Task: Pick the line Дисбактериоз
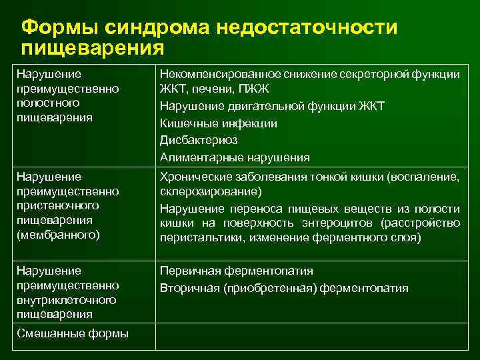point(199,140)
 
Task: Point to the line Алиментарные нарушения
point(235,157)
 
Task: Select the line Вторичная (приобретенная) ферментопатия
point(284,288)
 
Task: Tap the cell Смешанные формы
point(73,333)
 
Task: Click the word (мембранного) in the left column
point(57,234)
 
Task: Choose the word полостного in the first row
point(49,103)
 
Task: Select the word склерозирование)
point(201,191)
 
